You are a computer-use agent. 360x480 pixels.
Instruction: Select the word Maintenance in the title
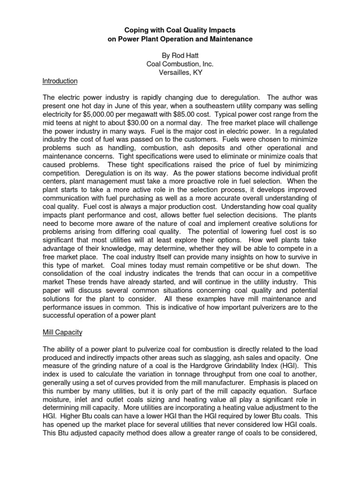pos(230,39)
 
